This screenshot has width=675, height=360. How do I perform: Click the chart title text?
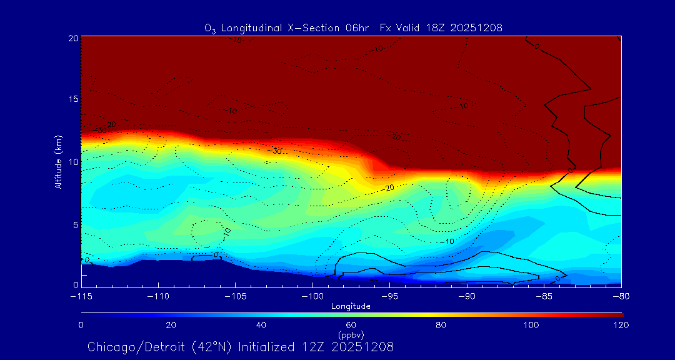point(353,27)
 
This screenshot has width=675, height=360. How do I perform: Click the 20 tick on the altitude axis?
point(72,38)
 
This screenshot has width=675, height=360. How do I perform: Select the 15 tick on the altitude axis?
point(72,99)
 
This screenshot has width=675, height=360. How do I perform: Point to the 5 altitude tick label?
point(74,224)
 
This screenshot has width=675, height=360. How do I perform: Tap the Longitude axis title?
point(351,306)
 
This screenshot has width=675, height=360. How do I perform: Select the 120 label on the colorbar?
point(621,325)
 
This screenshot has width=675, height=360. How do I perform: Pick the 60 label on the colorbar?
point(351,325)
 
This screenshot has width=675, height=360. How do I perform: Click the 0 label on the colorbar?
point(81,325)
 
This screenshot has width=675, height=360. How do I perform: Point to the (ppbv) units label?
point(351,335)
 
